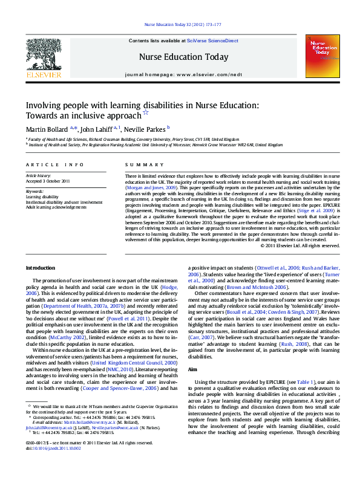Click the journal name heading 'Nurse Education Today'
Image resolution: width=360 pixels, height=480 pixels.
coord(184,57)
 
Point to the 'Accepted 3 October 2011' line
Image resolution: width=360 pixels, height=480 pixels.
coord(49,181)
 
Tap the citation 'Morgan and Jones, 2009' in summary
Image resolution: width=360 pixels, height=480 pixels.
coord(148,187)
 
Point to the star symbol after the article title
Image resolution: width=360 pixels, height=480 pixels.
coord(145,112)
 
